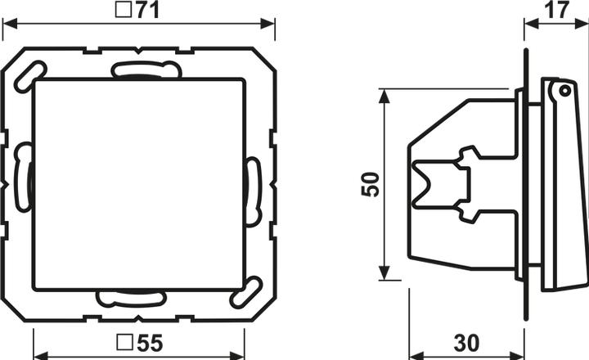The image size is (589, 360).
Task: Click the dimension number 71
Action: click(147, 10)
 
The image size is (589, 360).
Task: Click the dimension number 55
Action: click(149, 343)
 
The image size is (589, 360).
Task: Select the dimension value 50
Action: click(370, 184)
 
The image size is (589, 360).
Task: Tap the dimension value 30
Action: click(466, 343)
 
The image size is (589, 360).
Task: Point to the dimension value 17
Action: click(557, 10)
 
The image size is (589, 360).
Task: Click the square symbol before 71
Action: click(124, 10)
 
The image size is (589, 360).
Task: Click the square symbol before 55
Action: click(125, 343)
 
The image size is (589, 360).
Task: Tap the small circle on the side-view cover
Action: click(564, 90)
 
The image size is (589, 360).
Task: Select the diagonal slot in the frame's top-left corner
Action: click(30, 76)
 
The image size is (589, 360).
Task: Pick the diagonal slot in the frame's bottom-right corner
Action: click(245, 292)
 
